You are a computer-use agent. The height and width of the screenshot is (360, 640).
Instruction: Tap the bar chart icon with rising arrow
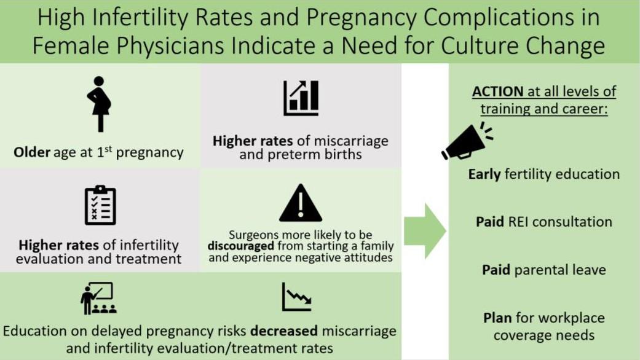click(301, 98)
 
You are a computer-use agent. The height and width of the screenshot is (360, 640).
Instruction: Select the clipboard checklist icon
click(100, 205)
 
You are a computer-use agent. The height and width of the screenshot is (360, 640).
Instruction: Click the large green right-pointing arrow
click(425, 231)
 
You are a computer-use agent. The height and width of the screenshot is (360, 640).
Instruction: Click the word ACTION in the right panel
click(497, 92)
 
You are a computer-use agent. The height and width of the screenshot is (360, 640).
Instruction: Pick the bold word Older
click(31, 152)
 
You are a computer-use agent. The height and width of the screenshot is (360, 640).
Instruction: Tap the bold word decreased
click(283, 331)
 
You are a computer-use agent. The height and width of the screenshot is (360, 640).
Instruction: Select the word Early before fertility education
click(484, 174)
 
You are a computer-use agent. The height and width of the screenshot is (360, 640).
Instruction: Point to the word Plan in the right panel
click(497, 318)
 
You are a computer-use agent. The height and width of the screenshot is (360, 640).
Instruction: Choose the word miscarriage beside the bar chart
click(350, 141)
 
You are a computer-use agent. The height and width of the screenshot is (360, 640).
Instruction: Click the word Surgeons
click(256, 235)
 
